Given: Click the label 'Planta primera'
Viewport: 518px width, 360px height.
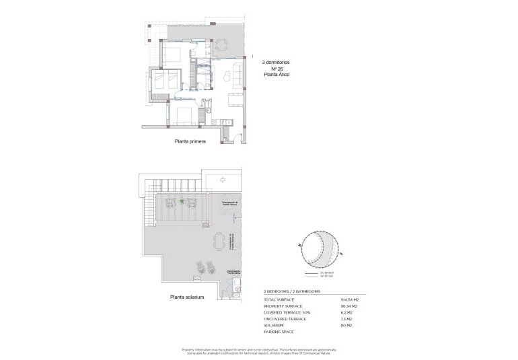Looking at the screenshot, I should coord(189,142).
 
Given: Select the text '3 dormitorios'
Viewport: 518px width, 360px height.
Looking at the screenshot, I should coord(275,61).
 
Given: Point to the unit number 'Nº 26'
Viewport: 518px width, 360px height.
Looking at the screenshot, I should coord(276,69).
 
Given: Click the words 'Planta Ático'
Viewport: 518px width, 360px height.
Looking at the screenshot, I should coord(276,76).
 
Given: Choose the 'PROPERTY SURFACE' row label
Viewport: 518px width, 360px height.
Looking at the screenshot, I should coord(282,306).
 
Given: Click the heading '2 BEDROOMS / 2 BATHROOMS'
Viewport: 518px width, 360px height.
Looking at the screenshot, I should coord(291,291).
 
